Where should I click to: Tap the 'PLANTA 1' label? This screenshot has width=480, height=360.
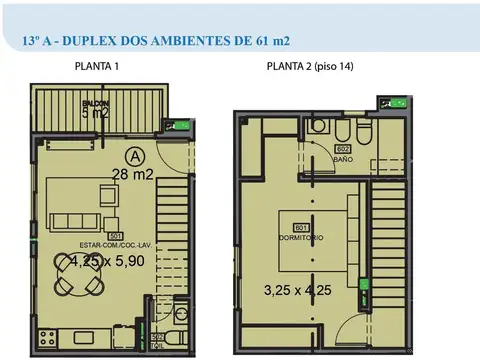[97, 67]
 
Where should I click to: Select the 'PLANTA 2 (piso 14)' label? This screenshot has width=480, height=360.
[309, 67]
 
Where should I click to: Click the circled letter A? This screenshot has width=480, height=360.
[136, 156]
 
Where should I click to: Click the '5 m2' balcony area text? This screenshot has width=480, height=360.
[95, 113]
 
